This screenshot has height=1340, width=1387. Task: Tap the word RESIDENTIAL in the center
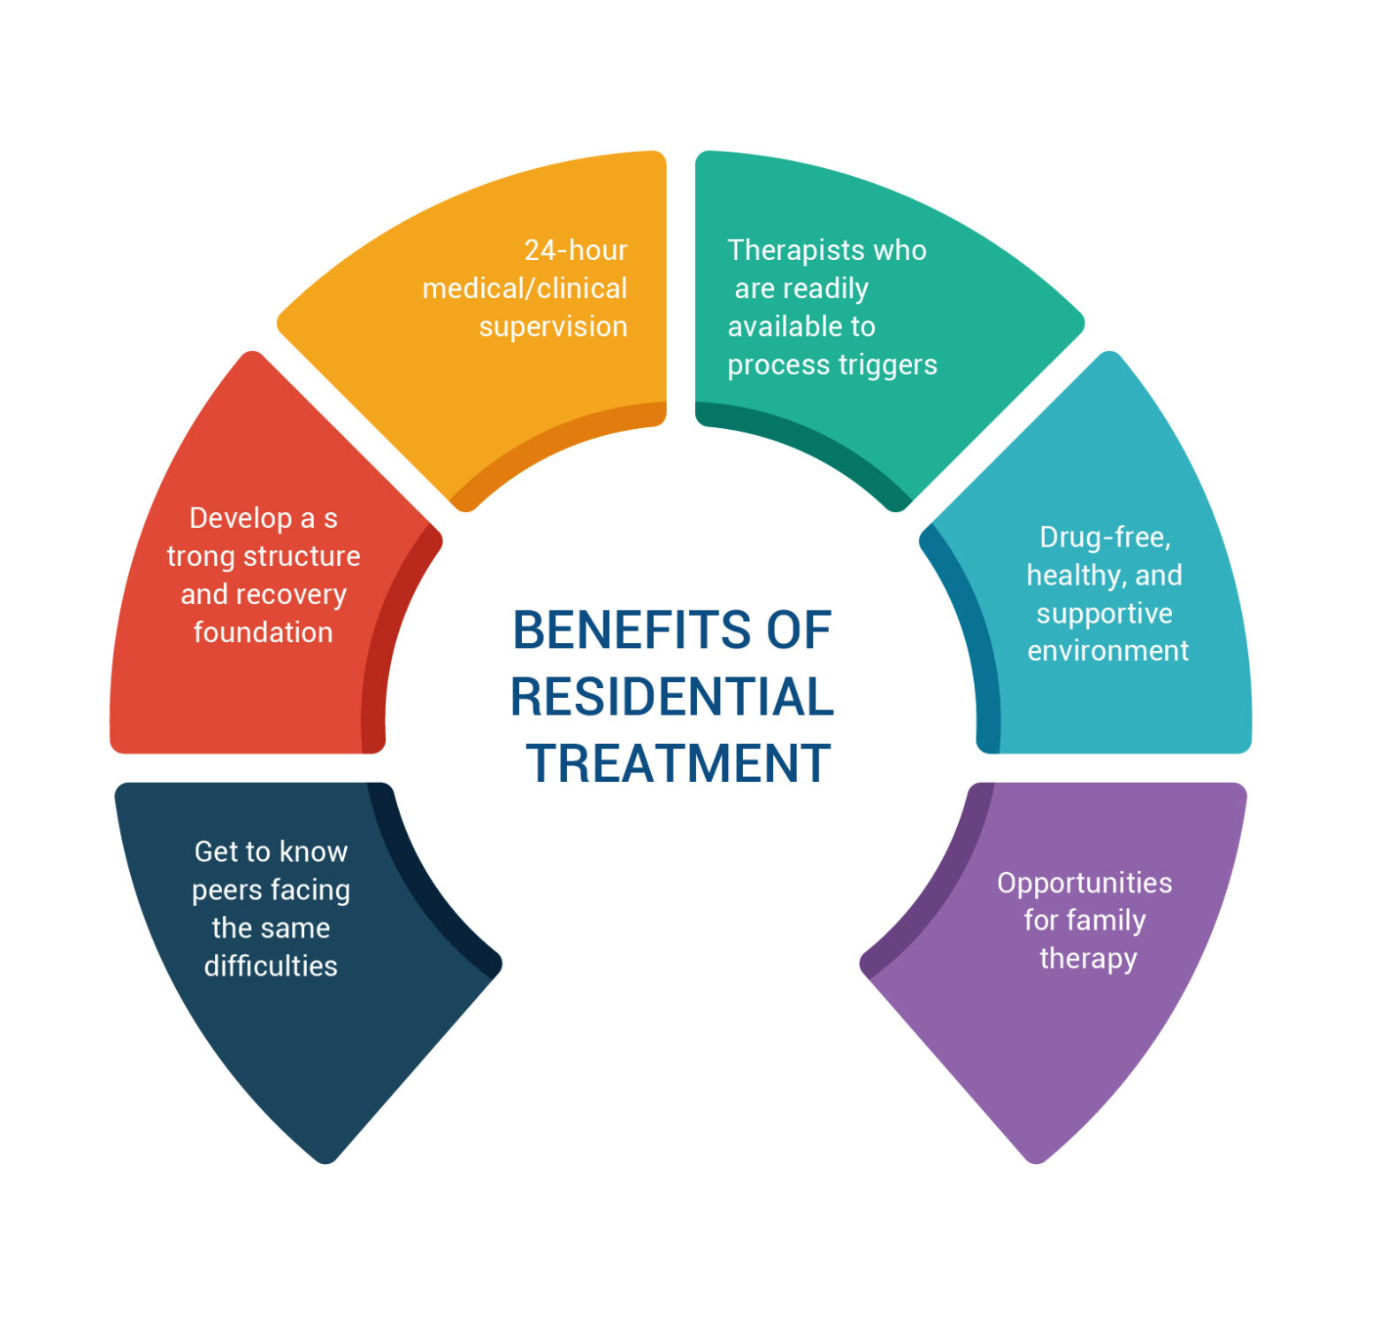[671, 697]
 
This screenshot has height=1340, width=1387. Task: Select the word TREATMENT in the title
[678, 763]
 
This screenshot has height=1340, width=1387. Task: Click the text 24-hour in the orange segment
[575, 250]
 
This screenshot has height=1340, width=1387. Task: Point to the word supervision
[553, 326]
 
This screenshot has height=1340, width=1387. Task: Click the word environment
[1107, 651]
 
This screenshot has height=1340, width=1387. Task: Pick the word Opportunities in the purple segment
[1084, 883]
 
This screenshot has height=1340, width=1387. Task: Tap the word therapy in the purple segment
[1088, 959]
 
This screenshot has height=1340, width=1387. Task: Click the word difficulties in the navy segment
[271, 966]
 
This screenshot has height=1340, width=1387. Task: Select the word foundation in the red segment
[263, 632]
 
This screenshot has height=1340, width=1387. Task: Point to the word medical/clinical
[525, 288]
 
